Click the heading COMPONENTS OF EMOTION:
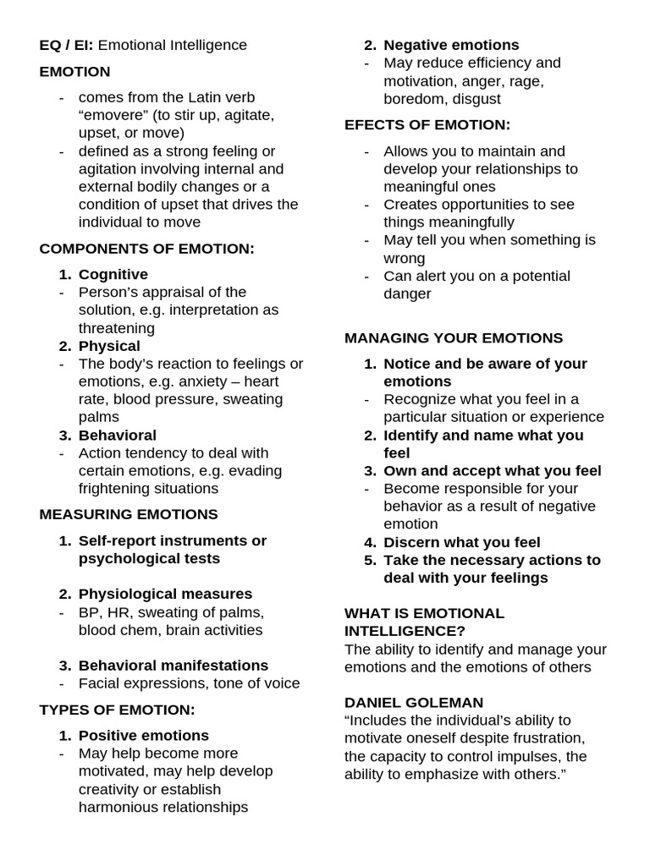[146, 249]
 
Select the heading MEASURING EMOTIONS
[129, 514]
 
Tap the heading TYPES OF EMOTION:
[117, 710]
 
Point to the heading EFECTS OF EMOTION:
[427, 125]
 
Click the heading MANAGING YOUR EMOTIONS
[454, 338]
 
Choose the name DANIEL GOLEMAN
[414, 703]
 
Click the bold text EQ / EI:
[66, 45]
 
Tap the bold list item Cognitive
[113, 275]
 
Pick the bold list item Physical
[109, 346]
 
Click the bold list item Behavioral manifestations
[174, 666]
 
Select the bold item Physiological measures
[165, 595]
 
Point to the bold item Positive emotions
[144, 736]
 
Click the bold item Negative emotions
[451, 45]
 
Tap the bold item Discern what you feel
[462, 542]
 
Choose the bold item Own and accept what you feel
[493, 471]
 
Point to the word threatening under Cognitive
[117, 328]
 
